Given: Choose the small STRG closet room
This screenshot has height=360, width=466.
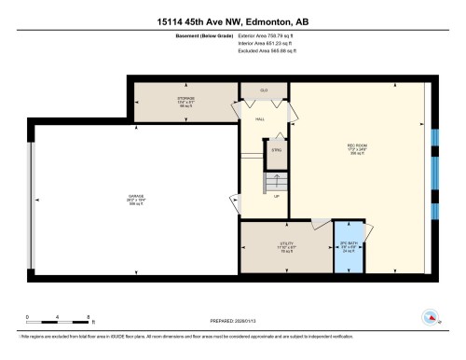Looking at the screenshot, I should tap(276, 149).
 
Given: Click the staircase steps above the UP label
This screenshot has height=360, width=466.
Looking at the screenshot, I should tap(276, 180).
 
